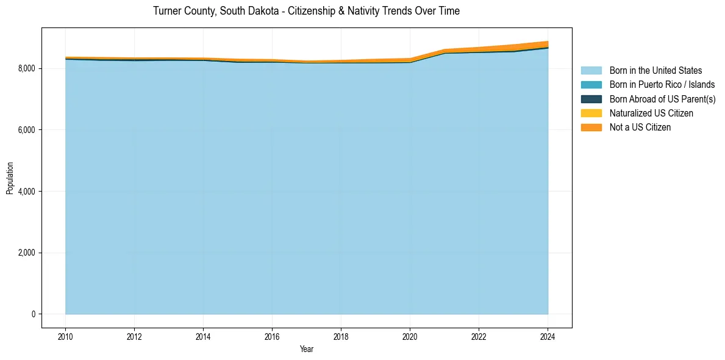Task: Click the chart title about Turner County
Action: (x=306, y=11)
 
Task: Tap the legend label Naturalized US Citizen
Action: (x=651, y=113)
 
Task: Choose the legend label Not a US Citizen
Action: (x=640, y=128)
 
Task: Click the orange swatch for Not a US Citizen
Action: (x=591, y=128)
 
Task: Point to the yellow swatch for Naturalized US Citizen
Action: (x=591, y=113)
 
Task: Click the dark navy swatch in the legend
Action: (x=591, y=99)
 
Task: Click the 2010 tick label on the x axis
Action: (x=65, y=336)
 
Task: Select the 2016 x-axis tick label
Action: (x=272, y=336)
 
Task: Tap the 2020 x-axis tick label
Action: (x=410, y=336)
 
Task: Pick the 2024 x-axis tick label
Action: (x=548, y=336)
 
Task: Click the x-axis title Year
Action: (x=307, y=349)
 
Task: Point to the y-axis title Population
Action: (x=10, y=178)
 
